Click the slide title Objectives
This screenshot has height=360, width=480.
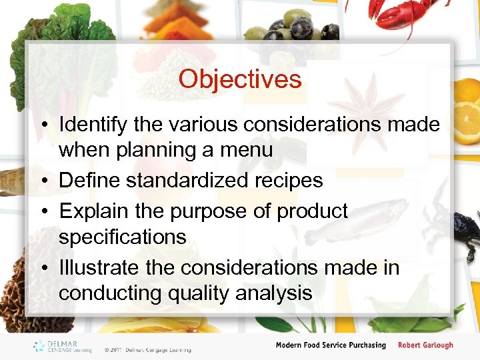pos(240,79)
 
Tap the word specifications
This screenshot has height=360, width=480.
pos(123,237)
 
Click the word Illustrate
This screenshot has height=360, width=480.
pos(99,268)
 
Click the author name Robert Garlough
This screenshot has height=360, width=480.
pos(425,345)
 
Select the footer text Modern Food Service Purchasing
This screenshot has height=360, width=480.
pos(331,345)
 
